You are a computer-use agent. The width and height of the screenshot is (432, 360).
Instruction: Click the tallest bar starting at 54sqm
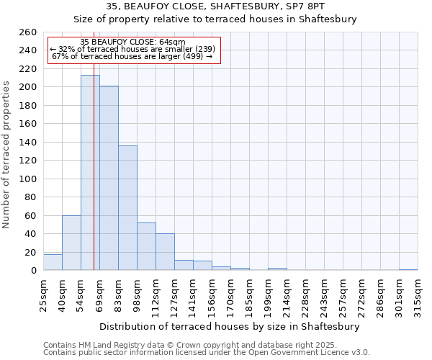(90, 173)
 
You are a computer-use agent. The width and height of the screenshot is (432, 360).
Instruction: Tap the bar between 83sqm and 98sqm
(127, 208)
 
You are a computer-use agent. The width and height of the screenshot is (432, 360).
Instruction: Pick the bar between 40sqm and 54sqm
(71, 243)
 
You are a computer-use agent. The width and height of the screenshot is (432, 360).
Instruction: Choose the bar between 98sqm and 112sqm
(146, 246)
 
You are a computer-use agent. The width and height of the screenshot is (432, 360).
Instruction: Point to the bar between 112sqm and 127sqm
(165, 252)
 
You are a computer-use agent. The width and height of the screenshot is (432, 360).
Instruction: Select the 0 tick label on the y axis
(33, 271)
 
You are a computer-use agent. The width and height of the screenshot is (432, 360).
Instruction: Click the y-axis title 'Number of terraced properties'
(6, 155)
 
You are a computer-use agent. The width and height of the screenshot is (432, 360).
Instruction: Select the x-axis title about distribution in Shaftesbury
(230, 326)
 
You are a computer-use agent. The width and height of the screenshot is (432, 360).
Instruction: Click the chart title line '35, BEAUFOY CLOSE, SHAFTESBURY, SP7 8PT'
(215, 6)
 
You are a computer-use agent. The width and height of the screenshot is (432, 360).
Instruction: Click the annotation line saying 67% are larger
(132, 56)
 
